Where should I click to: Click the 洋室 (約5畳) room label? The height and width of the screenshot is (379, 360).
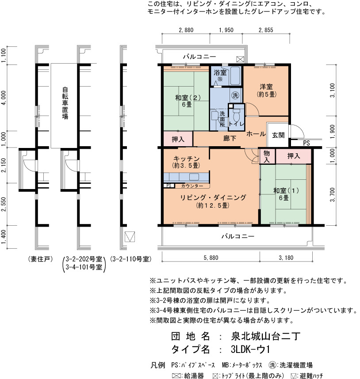coord(266,91)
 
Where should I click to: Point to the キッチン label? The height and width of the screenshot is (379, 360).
coord(186,159)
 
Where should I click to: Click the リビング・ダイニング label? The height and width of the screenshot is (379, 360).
coord(213,197)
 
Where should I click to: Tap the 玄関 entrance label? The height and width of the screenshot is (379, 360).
coord(278,135)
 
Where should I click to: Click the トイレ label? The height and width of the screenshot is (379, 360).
coord(236,124)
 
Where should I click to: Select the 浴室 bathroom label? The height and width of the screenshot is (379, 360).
coord(220,72)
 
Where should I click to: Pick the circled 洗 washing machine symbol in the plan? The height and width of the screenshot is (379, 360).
coord(235,95)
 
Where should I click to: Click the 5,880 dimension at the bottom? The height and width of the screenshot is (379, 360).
coord(211,258)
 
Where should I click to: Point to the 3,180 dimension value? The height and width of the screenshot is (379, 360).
coord(286,258)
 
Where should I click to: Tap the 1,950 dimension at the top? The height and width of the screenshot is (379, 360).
coord(226,30)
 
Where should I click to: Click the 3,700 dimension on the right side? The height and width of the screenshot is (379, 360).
coord(333,194)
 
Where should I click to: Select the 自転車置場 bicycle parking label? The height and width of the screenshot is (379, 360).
coord(65,103)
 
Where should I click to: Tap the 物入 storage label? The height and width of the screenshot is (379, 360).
coord(267,156)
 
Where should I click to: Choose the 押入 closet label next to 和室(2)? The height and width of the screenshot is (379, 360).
coord(178,139)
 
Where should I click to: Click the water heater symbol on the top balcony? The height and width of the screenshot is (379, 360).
coord(240,60)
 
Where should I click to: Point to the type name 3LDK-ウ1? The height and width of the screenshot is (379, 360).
coord(250,349)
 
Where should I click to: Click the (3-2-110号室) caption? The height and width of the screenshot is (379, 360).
coord(130,259)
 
